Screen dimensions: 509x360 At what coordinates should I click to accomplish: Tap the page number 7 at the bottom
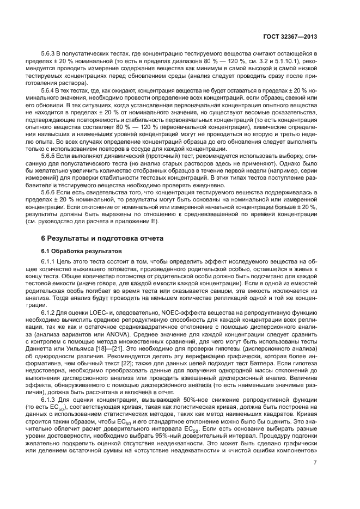click(315, 463)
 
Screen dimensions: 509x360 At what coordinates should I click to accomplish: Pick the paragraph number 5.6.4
click(50, 89)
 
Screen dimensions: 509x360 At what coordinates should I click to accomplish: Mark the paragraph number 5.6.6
click(50, 193)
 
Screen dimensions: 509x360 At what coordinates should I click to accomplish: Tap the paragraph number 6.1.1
click(50, 263)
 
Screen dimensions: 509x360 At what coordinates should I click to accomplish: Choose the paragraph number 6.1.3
click(50, 400)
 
